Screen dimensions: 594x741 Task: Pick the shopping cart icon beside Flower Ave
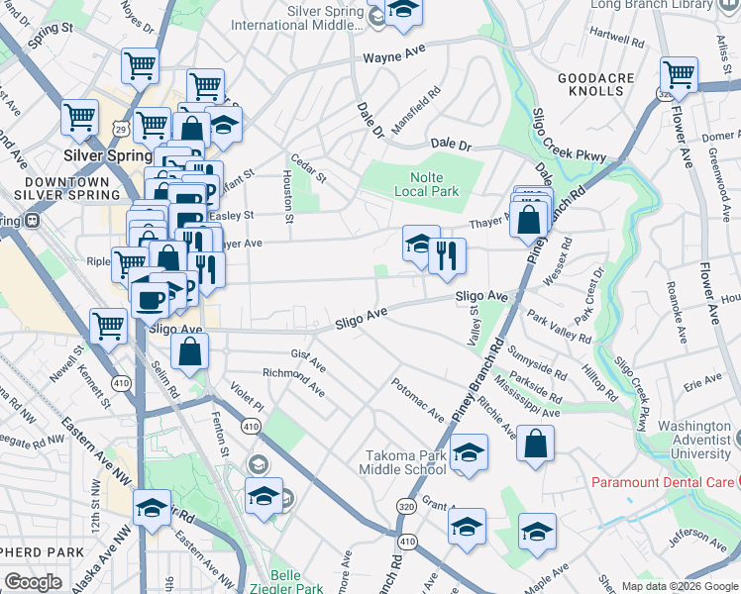(679, 74)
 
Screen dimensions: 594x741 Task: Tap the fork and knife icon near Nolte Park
(447, 256)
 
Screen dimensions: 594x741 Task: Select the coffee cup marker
(151, 300)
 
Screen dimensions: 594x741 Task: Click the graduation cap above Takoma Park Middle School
(469, 451)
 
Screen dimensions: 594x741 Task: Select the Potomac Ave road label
(416, 392)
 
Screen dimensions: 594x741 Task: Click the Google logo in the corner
(34, 582)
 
